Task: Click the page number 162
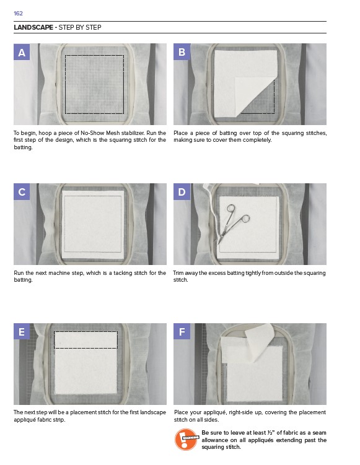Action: coord(18,14)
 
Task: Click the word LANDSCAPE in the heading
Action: coord(33,27)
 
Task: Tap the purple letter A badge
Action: coord(22,52)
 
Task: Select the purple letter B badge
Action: coord(182,52)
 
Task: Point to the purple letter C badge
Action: coord(22,191)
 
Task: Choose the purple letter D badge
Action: coord(182,191)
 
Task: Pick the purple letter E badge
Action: coord(22,331)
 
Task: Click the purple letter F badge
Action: coord(182,331)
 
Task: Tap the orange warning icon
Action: coord(186,439)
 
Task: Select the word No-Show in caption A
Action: coord(92,133)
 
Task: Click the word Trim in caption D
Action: coord(178,273)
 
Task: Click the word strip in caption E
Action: coord(59,420)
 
